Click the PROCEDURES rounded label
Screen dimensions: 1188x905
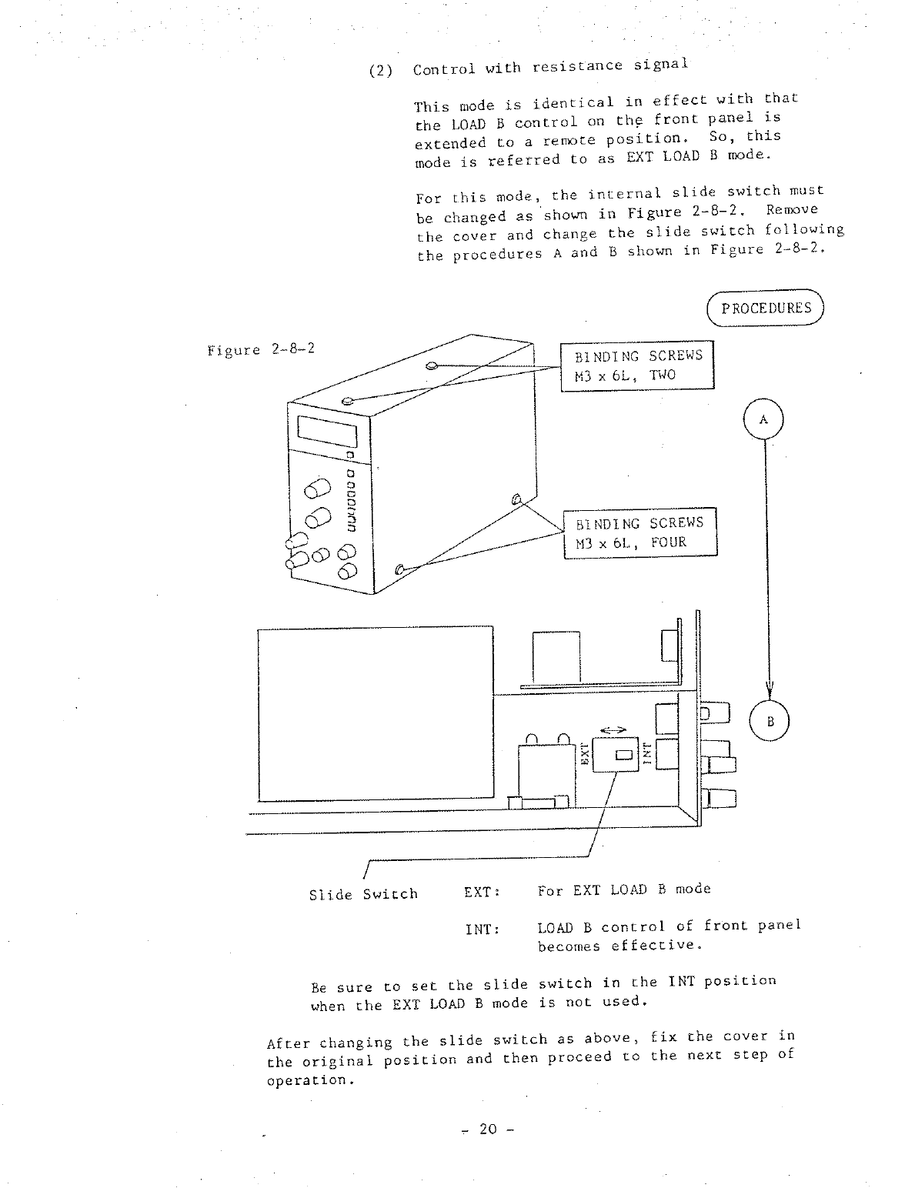tap(765, 309)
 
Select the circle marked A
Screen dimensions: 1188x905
tap(763, 420)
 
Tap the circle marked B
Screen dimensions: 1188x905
tap(770, 722)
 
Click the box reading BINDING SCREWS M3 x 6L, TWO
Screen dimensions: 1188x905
tap(637, 365)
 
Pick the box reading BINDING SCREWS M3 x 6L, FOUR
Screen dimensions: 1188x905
tap(640, 532)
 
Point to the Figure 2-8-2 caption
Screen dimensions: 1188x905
tap(261, 350)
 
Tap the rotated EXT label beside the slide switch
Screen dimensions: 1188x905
tap(584, 754)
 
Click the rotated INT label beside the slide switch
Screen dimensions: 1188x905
tap(648, 753)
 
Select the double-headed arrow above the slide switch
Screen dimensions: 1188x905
tap(613, 730)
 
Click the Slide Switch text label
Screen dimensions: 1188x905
tap(363, 894)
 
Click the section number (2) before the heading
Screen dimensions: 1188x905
tap(381, 71)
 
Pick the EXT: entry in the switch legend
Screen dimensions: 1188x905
tap(483, 892)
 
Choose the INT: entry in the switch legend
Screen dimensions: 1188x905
tap(483, 929)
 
